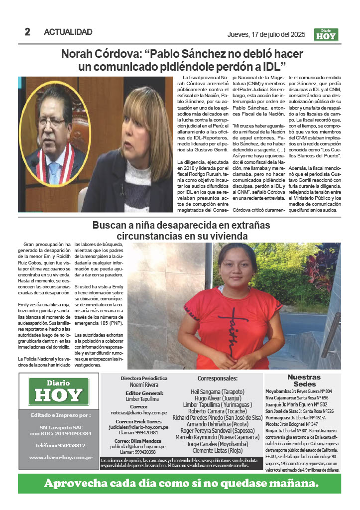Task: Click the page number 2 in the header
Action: coord(27,32)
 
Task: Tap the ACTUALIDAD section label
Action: coord(68,32)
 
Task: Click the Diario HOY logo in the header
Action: coord(326,35)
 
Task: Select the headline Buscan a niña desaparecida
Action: coord(181,230)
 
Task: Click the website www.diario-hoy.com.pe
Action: coord(60,457)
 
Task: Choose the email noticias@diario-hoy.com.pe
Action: coord(145,413)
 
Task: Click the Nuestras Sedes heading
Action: coord(304,381)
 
